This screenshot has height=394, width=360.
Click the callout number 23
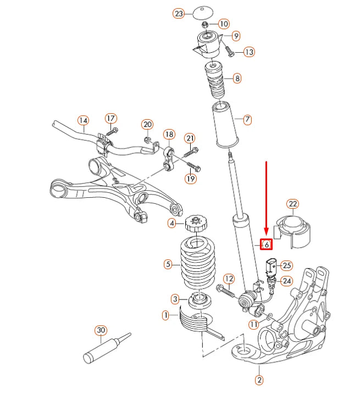[x=179, y=14]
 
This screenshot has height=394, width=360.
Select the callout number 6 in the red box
[x=266, y=244]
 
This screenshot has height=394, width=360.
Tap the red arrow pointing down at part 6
[x=267, y=198]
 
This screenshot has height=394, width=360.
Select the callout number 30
[x=100, y=330]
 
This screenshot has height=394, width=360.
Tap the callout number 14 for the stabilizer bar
[x=83, y=120]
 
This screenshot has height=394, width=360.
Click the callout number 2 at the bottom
[x=258, y=379]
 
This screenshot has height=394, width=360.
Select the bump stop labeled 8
[x=215, y=79]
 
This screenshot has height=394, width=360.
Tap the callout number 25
[x=287, y=265]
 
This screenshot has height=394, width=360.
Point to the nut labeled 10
[x=205, y=25]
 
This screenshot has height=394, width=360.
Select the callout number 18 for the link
[x=169, y=134]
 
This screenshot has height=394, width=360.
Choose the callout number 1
[x=165, y=315]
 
